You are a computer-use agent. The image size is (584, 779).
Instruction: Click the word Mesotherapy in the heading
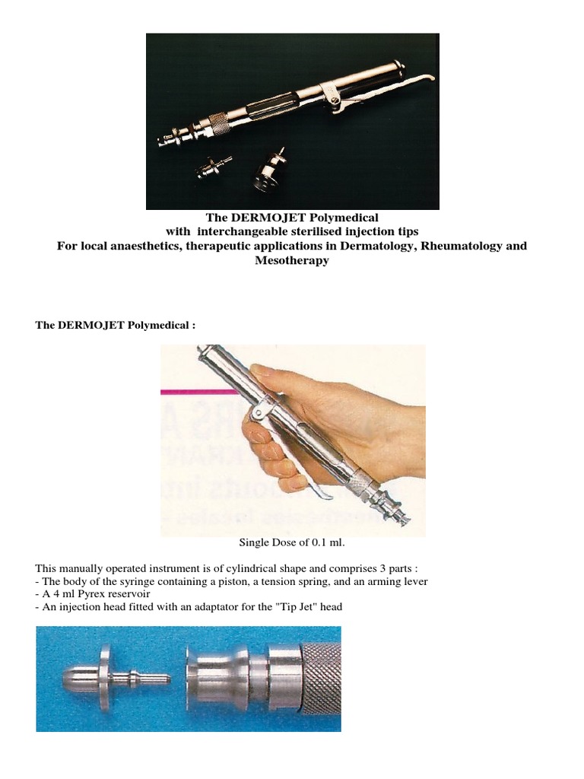point(292,261)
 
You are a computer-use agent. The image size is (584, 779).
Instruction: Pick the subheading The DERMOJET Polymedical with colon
point(116,325)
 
